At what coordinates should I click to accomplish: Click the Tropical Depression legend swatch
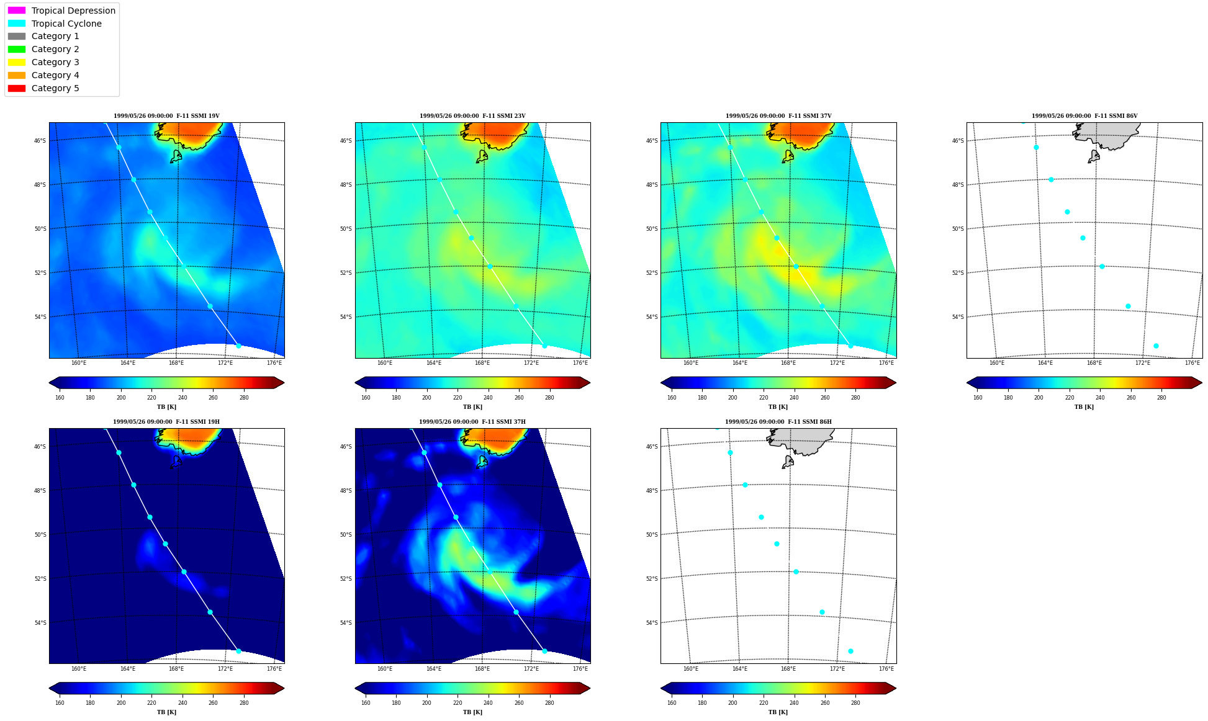[17, 11]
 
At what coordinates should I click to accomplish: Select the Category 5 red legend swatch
[17, 88]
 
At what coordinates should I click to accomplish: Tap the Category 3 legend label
[55, 62]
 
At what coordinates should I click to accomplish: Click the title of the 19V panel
[166, 116]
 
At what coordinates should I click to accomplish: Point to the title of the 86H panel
[778, 422]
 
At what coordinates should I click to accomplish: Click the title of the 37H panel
[472, 422]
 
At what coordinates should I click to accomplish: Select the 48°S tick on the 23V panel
[346, 185]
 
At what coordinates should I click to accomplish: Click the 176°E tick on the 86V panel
[1192, 363]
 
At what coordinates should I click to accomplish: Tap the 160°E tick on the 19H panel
[79, 669]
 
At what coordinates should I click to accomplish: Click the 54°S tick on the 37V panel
[652, 317]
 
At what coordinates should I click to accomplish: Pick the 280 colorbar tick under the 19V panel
[244, 398]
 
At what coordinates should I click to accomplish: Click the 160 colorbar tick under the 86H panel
[672, 703]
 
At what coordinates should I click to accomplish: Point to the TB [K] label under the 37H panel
[472, 712]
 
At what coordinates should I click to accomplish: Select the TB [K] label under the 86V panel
[1084, 407]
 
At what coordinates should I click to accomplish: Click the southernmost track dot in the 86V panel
[1156, 346]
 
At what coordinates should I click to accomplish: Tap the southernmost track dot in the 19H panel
[238, 652]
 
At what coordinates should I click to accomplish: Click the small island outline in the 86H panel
[788, 462]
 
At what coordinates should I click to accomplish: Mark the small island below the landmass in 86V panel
[1094, 156]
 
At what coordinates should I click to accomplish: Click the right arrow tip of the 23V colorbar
[590, 383]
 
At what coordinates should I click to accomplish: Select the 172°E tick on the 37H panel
[531, 669]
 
